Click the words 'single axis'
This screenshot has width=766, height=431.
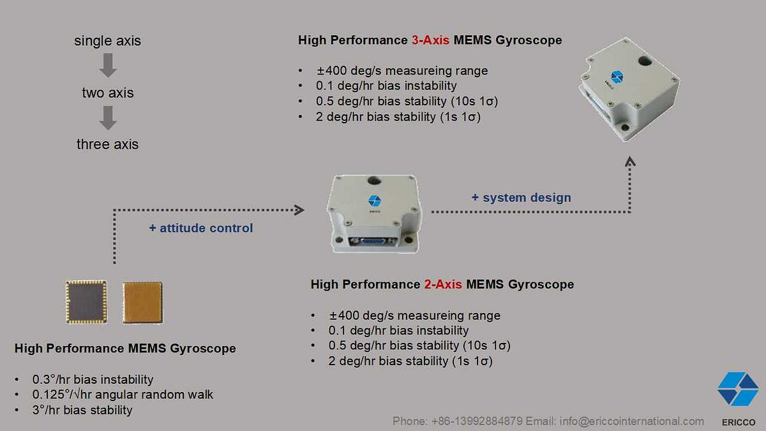tap(107, 42)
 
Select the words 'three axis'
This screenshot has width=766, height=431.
tap(107, 144)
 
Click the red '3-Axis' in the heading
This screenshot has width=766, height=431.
tap(430, 40)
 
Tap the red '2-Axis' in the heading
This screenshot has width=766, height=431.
tap(442, 284)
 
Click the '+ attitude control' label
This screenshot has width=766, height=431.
tap(201, 228)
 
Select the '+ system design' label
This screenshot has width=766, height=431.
tap(522, 198)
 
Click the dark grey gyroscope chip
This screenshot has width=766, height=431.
tap(86, 301)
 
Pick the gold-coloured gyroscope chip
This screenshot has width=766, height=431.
tap(142, 302)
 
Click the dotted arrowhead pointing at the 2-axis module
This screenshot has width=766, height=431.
tap(299, 209)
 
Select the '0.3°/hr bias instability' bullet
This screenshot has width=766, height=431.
tap(93, 379)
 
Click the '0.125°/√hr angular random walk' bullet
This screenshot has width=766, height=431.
tap(123, 395)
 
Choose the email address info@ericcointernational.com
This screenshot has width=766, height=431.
tap(632, 421)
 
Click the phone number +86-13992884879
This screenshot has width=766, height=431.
tap(477, 421)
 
